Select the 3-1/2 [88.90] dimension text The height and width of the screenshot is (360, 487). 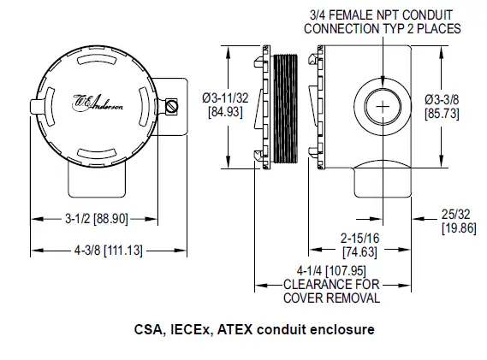click(97, 219)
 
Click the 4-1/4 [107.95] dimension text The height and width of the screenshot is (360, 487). click(332, 271)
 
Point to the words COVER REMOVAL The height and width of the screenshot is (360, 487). click(332, 298)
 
